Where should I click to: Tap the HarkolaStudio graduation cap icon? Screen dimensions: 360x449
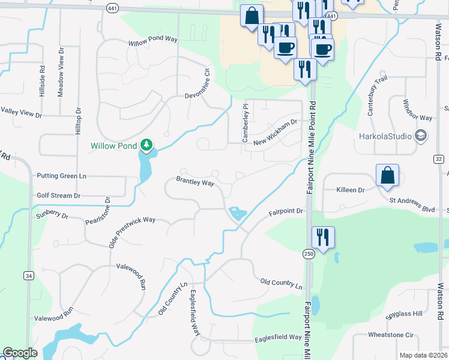[x=420, y=136]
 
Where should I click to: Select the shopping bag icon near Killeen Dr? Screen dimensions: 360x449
[x=387, y=175]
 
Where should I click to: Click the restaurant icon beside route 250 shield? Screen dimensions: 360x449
[x=324, y=237]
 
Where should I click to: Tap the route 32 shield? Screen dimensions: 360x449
[x=438, y=159]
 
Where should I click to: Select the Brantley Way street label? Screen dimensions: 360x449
[x=195, y=181]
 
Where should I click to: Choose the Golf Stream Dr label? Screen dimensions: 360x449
[x=58, y=196]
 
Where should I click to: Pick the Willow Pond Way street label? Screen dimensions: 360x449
[x=153, y=41]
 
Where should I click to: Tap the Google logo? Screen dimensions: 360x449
[x=20, y=353]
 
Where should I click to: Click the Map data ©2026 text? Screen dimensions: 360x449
[x=423, y=355]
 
